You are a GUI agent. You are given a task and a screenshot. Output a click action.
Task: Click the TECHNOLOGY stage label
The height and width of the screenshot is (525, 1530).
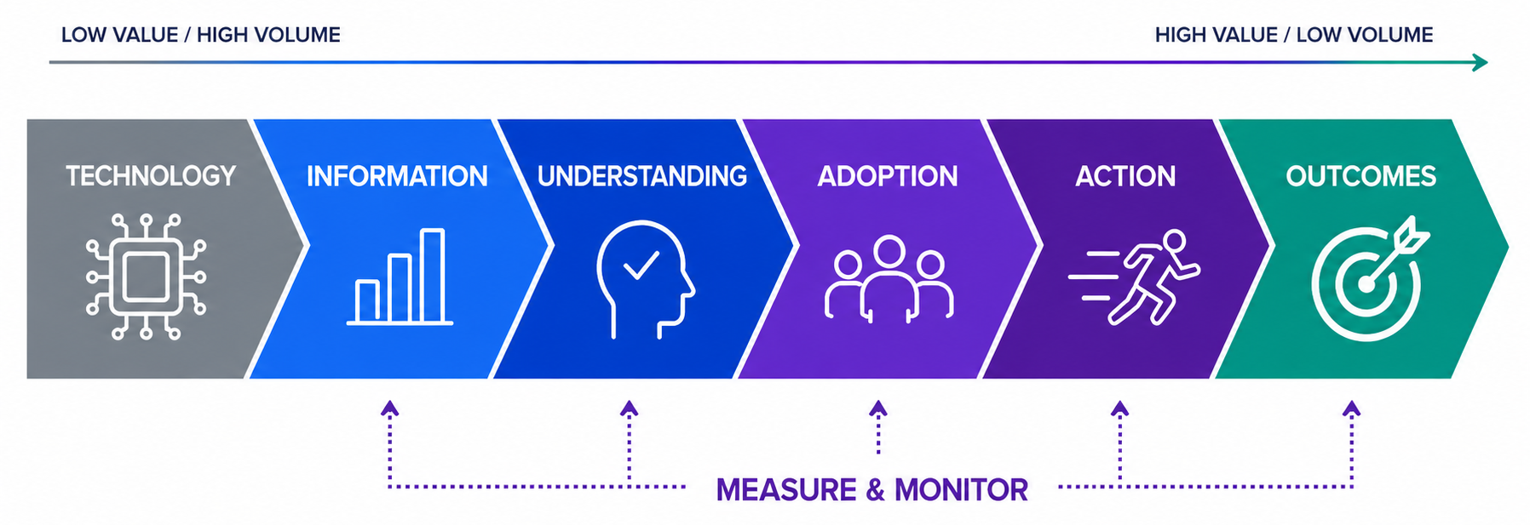point(151,176)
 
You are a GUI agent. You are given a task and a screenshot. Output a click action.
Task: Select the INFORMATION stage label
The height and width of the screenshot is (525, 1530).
point(397,176)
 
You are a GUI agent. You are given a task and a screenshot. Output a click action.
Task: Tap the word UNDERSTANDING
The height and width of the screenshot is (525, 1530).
point(642,176)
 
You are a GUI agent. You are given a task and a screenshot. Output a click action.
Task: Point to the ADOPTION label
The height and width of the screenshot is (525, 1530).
point(888,176)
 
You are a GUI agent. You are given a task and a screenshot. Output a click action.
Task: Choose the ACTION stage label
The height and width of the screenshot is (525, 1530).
point(1125,176)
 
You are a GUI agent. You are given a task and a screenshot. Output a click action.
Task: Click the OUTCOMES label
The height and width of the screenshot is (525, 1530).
point(1361,176)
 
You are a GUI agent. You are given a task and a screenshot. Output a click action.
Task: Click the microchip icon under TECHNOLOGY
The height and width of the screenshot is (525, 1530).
point(147,277)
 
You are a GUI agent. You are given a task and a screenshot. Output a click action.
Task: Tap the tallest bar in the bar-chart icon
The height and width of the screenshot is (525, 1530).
point(433,276)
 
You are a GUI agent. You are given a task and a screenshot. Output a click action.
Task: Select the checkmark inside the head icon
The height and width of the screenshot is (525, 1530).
point(641,265)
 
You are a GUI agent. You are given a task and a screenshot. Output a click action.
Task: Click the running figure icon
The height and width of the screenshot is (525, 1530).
point(1135,277)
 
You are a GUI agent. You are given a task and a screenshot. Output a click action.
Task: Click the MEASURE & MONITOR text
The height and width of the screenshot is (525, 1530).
point(872,490)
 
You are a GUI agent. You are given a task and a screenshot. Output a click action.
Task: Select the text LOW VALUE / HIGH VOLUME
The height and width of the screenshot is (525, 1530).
point(201,35)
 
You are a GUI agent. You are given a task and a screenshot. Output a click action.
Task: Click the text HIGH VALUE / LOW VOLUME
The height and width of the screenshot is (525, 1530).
point(1294,35)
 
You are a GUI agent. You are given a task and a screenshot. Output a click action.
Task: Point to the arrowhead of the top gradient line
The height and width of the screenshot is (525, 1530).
point(1481,62)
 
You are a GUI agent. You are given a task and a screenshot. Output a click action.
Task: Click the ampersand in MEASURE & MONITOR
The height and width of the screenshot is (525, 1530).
point(876,490)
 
